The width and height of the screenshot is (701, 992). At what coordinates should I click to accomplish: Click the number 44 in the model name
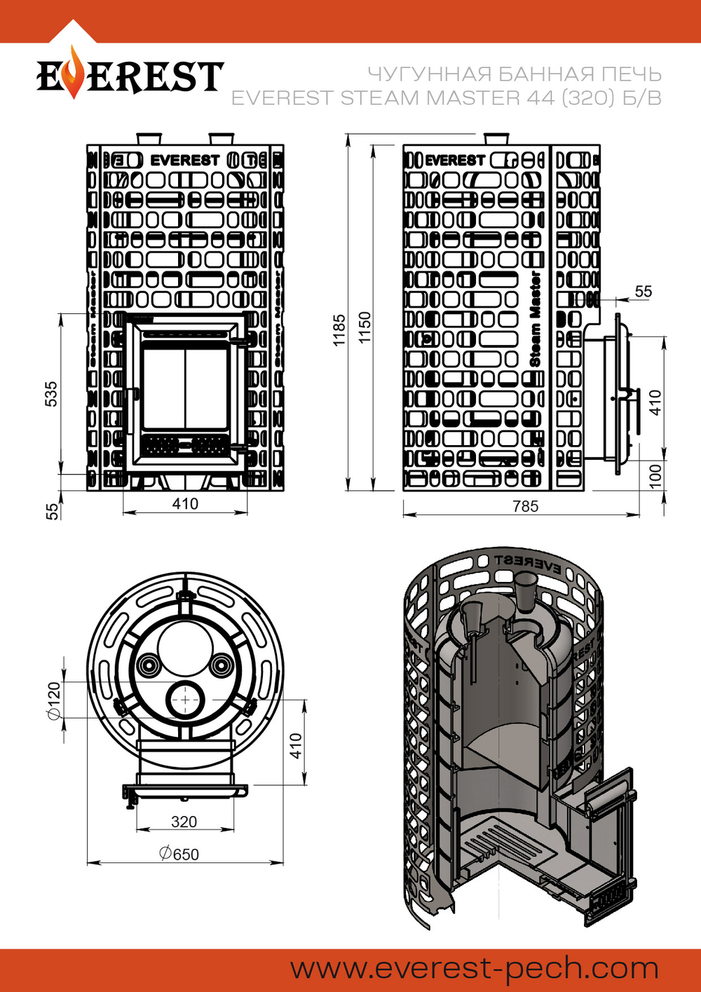point(540,98)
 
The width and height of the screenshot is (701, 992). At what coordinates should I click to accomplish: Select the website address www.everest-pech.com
point(475,969)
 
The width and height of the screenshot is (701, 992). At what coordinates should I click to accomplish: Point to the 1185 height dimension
point(339,329)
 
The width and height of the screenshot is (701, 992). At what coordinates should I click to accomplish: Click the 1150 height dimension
point(365,327)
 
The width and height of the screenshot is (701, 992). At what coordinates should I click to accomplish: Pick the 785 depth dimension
point(525,506)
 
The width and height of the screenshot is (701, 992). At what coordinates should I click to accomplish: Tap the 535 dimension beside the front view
point(51,394)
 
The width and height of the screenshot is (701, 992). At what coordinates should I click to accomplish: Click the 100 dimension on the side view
point(655,476)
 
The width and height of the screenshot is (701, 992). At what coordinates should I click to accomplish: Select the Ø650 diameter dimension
point(179,854)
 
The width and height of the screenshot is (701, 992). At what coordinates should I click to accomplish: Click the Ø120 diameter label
point(53,700)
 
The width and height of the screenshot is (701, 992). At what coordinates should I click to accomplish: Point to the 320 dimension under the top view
point(184,822)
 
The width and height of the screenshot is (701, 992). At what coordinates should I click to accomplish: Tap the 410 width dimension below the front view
point(185,503)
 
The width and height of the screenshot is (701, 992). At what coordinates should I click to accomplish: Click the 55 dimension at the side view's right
point(643,292)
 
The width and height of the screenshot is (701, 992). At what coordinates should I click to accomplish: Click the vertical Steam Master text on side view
point(536,319)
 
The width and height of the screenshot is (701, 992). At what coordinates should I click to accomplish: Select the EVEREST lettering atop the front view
point(185,160)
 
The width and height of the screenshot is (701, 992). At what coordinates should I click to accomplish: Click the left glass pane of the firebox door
point(163,387)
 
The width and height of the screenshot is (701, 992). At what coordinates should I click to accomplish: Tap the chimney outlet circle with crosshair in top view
point(185,699)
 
